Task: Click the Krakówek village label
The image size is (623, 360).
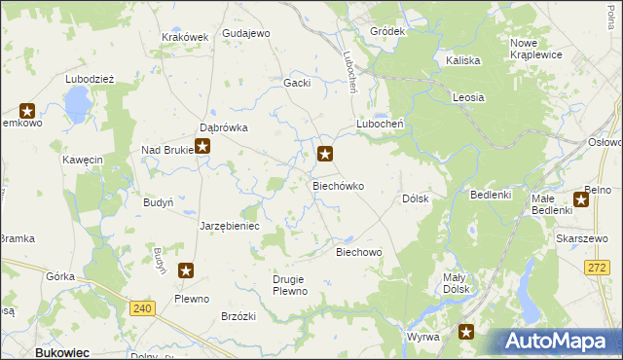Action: (x=185, y=37)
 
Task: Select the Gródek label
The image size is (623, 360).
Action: (x=387, y=31)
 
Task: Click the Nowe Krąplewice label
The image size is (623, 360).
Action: (x=535, y=49)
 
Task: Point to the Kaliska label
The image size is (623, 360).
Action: (x=463, y=60)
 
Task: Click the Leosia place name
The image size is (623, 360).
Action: (x=468, y=97)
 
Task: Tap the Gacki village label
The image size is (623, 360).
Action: (x=297, y=83)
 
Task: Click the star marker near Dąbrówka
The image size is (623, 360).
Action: (x=202, y=147)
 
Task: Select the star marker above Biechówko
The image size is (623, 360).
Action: (x=326, y=153)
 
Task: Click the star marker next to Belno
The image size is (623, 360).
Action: (x=582, y=200)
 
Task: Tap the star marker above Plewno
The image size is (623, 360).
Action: (x=186, y=271)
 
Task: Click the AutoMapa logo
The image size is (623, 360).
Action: (x=559, y=342)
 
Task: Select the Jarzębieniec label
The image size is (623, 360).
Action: (x=229, y=225)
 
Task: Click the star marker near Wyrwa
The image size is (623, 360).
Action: (x=467, y=332)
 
